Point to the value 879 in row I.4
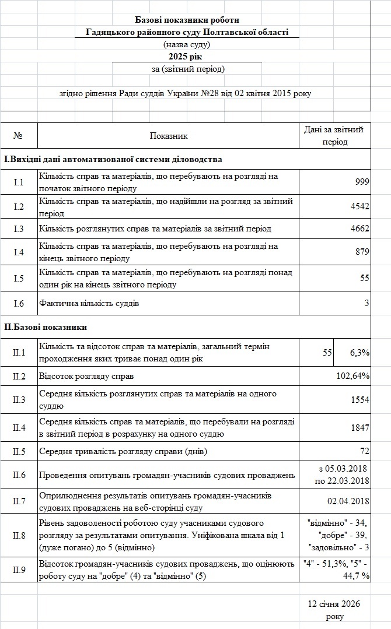[x=362, y=252]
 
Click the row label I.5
[x=19, y=279]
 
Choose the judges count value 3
[x=366, y=303]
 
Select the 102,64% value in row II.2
[x=353, y=376]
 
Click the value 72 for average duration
[x=364, y=451]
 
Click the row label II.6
[x=19, y=476]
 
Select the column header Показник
[x=169, y=136]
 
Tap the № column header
[x=18, y=136]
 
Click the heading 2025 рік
[x=187, y=56]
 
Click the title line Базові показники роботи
[x=187, y=20]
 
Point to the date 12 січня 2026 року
[x=335, y=610]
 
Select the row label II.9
[x=19, y=570]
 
